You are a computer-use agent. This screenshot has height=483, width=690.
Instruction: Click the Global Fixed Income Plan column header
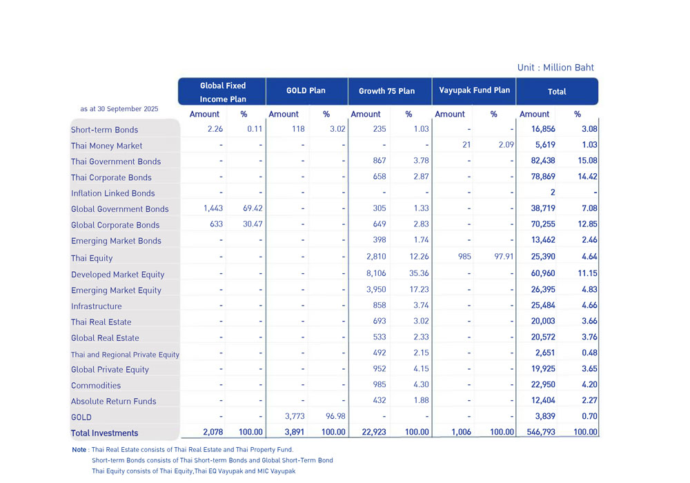pyautogui.click(x=222, y=92)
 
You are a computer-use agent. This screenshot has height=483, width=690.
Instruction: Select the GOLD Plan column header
pyautogui.click(x=306, y=90)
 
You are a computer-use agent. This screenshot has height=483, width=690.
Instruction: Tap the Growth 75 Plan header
pyautogui.click(x=386, y=91)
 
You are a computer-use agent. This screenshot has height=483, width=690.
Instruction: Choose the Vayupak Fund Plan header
pyautogui.click(x=473, y=90)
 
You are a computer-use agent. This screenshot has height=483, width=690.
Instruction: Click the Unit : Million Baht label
pyautogui.click(x=555, y=68)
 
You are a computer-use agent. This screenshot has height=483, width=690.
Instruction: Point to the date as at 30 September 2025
pyautogui.click(x=119, y=109)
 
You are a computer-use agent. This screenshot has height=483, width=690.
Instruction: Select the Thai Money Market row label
pyautogui.click(x=107, y=146)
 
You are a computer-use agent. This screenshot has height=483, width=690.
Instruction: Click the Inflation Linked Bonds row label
pyautogui.click(x=112, y=193)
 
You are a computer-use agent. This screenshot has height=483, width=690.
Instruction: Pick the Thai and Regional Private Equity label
pyautogui.click(x=125, y=355)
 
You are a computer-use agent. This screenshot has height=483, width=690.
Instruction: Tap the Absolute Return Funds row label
pyautogui.click(x=114, y=401)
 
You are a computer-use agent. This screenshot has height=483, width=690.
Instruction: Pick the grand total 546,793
pyautogui.click(x=538, y=432)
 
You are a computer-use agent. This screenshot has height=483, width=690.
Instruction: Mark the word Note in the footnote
pyautogui.click(x=79, y=450)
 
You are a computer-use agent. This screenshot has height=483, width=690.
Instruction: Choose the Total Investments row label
pyautogui.click(x=105, y=433)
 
